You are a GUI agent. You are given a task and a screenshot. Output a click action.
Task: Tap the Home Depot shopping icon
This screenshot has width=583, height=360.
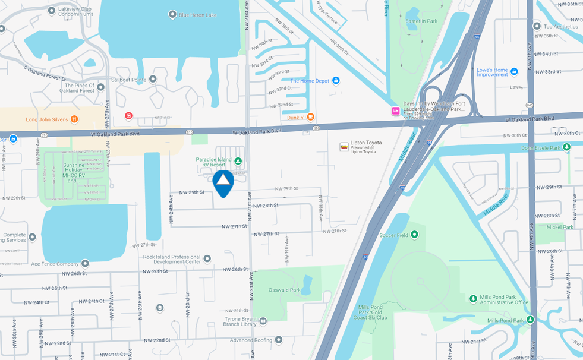[336, 81]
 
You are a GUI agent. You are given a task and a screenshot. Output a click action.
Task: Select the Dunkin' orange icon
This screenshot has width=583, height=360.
[311, 117]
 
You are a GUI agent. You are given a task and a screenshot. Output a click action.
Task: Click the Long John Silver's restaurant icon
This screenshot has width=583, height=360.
[74, 119]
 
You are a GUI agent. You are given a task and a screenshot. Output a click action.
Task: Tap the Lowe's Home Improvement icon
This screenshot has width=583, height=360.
[514, 71]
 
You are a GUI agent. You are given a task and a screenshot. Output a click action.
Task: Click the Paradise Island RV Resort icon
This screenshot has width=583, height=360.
[238, 161]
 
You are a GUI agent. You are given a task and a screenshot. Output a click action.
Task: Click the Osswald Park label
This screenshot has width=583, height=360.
[285, 290]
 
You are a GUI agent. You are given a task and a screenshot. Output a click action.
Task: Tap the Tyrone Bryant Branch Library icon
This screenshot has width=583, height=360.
[263, 321]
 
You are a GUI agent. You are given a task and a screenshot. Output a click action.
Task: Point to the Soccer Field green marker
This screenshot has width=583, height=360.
[414, 235]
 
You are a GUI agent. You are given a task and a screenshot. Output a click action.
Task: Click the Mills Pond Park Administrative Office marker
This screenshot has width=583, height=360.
[473, 299]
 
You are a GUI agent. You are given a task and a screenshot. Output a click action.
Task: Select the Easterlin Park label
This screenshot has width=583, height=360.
[421, 21]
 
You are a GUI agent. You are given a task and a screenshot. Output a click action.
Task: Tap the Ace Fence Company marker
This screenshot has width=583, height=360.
[85, 263]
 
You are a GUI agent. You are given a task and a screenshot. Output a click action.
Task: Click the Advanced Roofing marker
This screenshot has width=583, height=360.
[279, 340]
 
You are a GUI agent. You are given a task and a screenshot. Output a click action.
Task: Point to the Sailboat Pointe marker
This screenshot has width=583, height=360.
[153, 79]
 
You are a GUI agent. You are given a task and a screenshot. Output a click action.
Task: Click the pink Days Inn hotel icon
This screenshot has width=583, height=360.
[395, 110]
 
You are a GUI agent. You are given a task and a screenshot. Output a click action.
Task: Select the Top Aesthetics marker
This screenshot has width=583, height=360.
[537, 26]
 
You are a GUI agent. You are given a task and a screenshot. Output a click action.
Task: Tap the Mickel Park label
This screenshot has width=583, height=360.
[560, 227]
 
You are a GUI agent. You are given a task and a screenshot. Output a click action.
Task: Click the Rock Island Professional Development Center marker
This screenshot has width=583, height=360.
[207, 259]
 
